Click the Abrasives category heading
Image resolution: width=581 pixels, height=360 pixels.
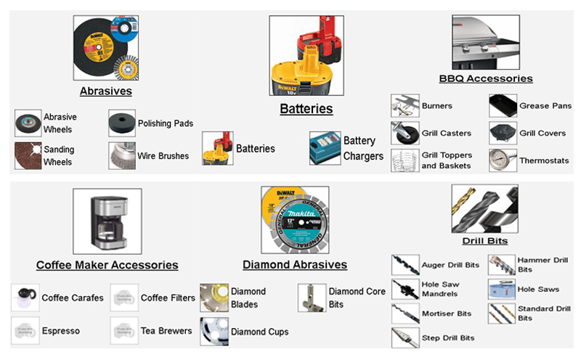click(106, 91)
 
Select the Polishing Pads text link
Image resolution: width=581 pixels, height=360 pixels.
click(165, 123)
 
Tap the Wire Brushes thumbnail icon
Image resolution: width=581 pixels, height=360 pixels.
click(121, 155)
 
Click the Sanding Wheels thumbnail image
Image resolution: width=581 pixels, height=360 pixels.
click(28, 155)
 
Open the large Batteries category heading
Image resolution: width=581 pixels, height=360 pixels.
click(306, 109)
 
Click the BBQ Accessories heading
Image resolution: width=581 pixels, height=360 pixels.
click(486, 78)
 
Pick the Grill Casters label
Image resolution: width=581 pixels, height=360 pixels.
click(446, 134)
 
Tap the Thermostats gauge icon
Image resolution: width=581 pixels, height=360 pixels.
click(502, 160)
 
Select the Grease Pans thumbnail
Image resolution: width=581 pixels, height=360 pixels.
click(503, 106)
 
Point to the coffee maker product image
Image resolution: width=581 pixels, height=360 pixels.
click(107, 220)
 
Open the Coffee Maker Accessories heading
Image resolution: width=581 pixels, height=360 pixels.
click(107, 265)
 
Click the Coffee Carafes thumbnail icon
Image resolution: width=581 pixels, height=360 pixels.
click(25, 298)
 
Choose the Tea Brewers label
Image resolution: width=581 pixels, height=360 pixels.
click(166, 331)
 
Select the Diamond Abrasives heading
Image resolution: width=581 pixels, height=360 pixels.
click(295, 265)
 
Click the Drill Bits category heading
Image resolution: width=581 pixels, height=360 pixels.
click(484, 240)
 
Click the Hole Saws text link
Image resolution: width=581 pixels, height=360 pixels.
click(538, 289)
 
